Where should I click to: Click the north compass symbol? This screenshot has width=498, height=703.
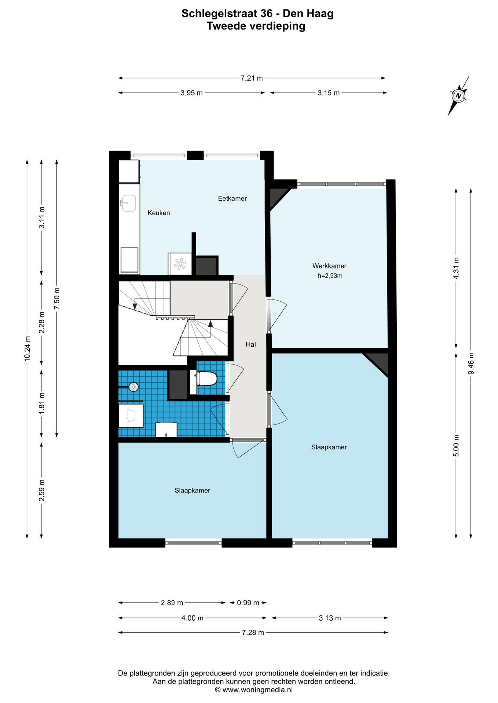point(458,96)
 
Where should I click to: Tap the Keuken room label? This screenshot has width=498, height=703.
point(158,213)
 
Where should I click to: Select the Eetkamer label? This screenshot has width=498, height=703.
point(232,198)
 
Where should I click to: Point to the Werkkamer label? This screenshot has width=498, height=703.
point(329,266)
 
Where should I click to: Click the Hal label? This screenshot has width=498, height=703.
point(251,344)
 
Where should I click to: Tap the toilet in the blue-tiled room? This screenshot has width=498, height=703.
point(204,378)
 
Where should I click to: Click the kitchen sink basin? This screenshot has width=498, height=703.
point(128,203)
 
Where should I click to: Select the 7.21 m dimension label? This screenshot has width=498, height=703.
point(252,78)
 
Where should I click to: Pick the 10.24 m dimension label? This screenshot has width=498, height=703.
point(27,349)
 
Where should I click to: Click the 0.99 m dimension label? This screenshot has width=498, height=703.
point(248,603)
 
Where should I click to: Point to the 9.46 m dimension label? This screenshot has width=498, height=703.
point(471,363)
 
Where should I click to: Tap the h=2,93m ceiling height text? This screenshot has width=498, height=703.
point(330,276)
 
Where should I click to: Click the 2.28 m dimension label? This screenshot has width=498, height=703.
point(42,323)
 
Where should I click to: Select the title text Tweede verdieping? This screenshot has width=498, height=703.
point(256,26)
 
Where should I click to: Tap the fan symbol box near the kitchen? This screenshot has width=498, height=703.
point(180,264)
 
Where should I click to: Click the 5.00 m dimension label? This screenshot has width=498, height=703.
point(456,446)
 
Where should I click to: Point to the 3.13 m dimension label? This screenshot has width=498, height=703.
point(330,618)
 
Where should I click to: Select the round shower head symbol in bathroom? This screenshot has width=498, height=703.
point(133,386)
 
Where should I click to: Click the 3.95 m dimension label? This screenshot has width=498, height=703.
point(191,93)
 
